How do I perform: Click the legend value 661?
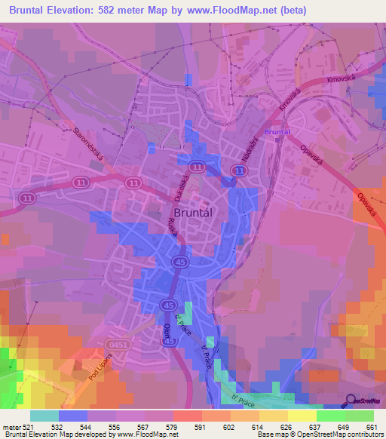[369, 428]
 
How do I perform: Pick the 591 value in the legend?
[200, 428]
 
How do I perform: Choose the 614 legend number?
[256, 428]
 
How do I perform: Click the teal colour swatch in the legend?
[44, 416]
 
